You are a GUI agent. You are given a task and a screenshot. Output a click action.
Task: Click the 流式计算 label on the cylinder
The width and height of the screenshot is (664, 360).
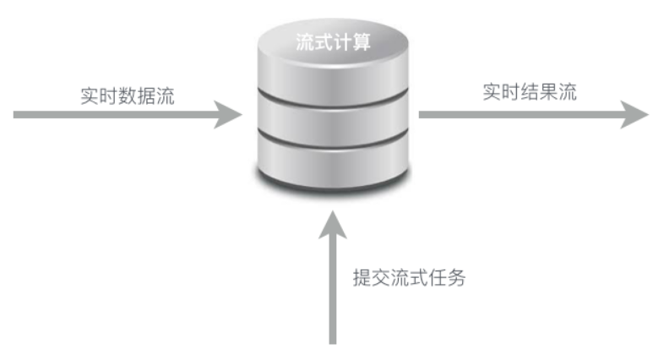pyautogui.click(x=333, y=42)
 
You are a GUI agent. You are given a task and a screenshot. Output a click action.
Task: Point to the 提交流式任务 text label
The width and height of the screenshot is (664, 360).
pyautogui.click(x=409, y=277)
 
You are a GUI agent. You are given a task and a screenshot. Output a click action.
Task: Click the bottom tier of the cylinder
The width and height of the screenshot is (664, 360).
pyautogui.click(x=333, y=157)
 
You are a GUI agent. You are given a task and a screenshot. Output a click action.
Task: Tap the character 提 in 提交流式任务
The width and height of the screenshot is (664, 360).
pyautogui.click(x=362, y=277)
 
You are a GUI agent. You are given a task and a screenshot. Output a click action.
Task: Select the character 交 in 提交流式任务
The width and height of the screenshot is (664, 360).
pyautogui.click(x=380, y=277)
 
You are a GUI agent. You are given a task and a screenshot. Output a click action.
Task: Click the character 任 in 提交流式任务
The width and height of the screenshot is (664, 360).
pyautogui.click(x=438, y=277)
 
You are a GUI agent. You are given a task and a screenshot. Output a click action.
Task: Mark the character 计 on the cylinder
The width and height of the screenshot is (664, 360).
pyautogui.click(x=342, y=42)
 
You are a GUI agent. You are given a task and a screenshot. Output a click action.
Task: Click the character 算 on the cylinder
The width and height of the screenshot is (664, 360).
pyautogui.click(x=362, y=42)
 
